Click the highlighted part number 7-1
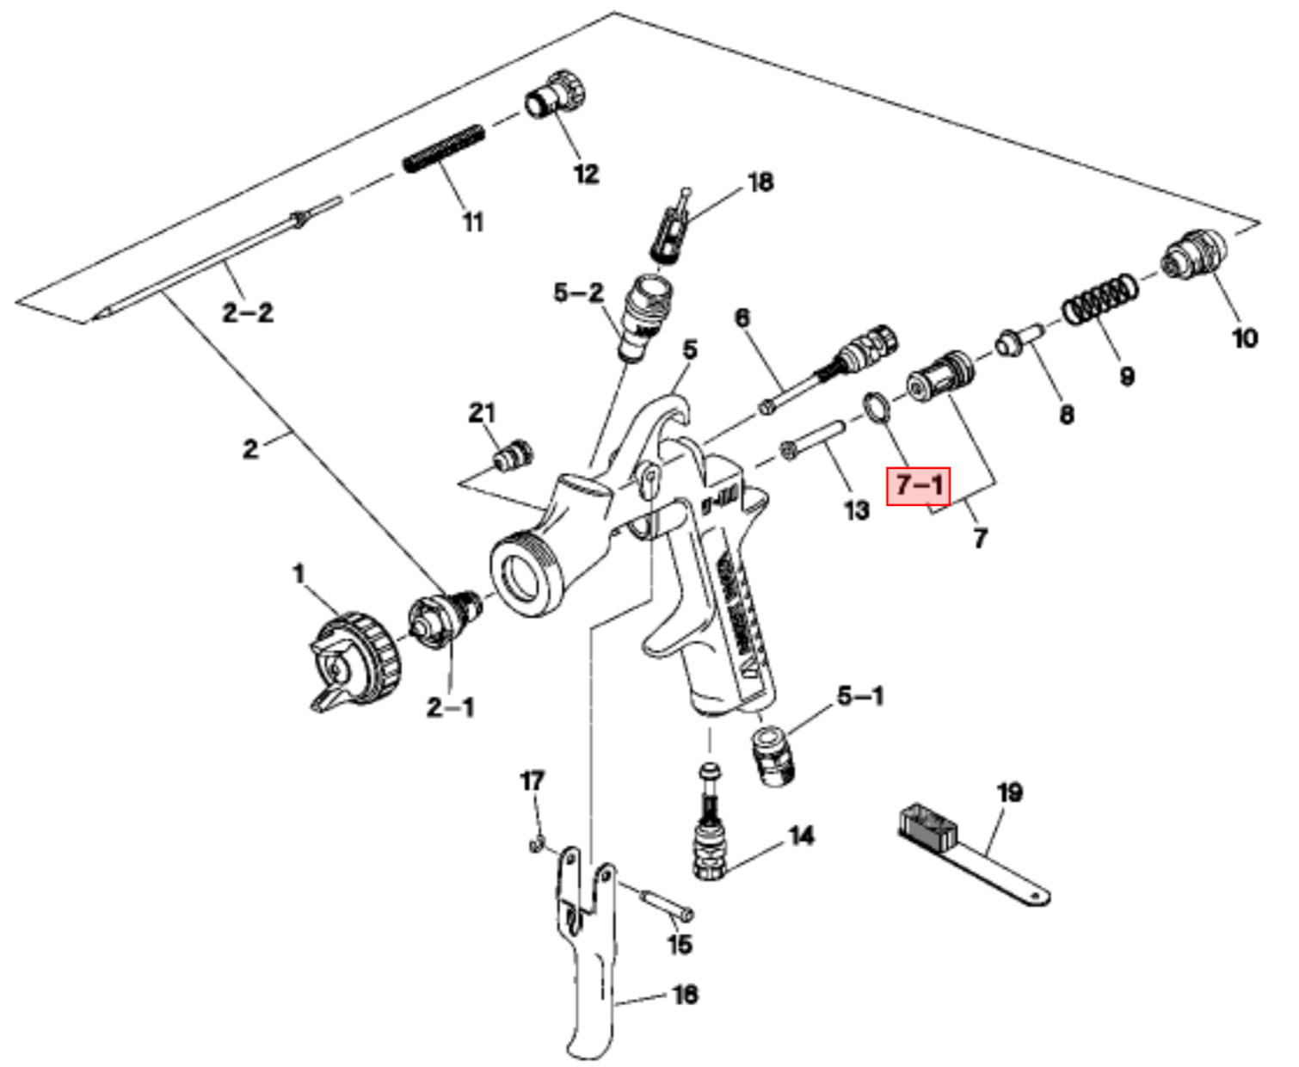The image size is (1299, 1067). [919, 484]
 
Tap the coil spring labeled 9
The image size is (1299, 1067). [1099, 299]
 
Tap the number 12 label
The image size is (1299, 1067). [586, 174]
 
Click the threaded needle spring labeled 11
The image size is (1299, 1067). [444, 148]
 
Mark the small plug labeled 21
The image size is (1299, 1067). [513, 453]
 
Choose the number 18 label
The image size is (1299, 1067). [760, 182]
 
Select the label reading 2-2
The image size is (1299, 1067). [248, 311]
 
